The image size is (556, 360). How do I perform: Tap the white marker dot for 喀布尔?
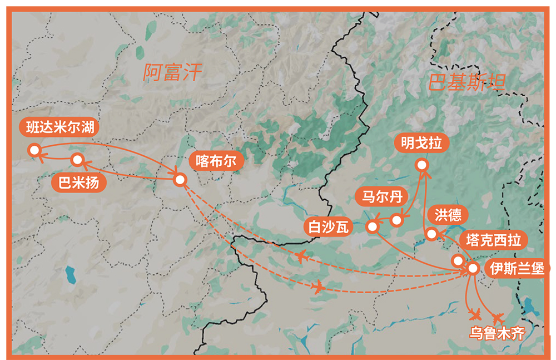tap(180, 180)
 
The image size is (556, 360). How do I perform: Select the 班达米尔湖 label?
tap(59, 127)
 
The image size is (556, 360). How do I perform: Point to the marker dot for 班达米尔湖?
tap(34, 150)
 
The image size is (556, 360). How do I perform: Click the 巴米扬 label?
tap(78, 182)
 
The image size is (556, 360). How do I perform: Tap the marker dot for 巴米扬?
tap(77, 160)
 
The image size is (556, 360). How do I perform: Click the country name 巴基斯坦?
tap(467, 83)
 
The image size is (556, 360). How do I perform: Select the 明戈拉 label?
tap(421, 143)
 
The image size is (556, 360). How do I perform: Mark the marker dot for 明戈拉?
tap(421, 165)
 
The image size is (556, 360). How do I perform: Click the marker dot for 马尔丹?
tap(396, 220)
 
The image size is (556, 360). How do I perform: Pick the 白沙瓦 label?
tap(328, 226)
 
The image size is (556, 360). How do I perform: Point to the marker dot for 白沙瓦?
tap(372, 226)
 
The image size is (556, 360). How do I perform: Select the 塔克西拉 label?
tap(493, 240)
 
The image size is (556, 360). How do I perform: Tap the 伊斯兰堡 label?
tap(516, 268)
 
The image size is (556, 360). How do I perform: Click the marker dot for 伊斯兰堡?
tap(473, 268)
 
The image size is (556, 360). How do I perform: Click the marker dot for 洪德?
tap(432, 235)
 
